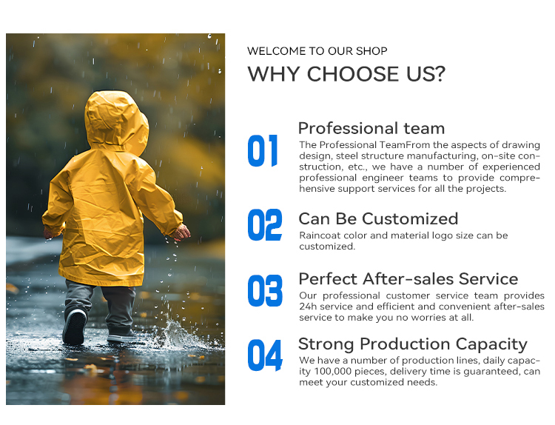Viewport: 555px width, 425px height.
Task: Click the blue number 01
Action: pyautogui.click(x=263, y=151)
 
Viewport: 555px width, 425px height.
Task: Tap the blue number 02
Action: pyautogui.click(x=264, y=225)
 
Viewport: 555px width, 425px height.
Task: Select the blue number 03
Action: pyautogui.click(x=264, y=291)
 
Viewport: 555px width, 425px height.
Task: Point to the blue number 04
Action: pyautogui.click(x=264, y=356)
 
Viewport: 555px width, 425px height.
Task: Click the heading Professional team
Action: pyautogui.click(x=371, y=128)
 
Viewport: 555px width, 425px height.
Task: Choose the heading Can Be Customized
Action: pyautogui.click(x=378, y=218)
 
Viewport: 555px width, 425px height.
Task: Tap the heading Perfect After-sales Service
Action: pyautogui.click(x=408, y=278)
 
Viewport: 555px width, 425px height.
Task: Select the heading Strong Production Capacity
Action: pyautogui.click(x=412, y=344)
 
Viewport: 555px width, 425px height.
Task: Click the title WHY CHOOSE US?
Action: pyautogui.click(x=346, y=74)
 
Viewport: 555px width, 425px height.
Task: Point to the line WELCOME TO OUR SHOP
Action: pyautogui.click(x=317, y=51)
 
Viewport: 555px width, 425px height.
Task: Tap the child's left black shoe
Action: pyautogui.click(x=75, y=326)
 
